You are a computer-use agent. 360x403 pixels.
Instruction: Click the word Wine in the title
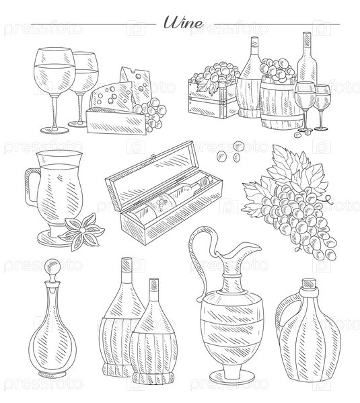click(x=184, y=22)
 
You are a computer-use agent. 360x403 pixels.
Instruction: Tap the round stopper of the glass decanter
click(x=52, y=267)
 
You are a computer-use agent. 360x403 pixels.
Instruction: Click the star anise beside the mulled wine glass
click(x=81, y=231)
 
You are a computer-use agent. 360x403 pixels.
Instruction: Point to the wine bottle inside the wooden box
click(x=172, y=197)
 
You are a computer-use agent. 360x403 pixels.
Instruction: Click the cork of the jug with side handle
click(x=310, y=284)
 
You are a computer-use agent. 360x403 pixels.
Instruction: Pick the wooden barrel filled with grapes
click(x=281, y=103)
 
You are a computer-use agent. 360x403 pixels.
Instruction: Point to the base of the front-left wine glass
click(x=55, y=130)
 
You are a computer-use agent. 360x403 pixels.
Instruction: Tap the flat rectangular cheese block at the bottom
click(x=116, y=120)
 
